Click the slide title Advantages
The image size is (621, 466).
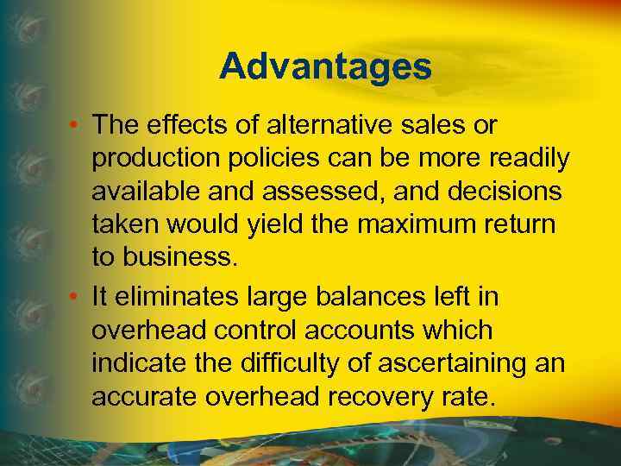[x=324, y=66]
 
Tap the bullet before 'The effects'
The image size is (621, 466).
[x=78, y=126]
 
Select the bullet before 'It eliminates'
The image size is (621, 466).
[x=78, y=298]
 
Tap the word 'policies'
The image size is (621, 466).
[x=269, y=160]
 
